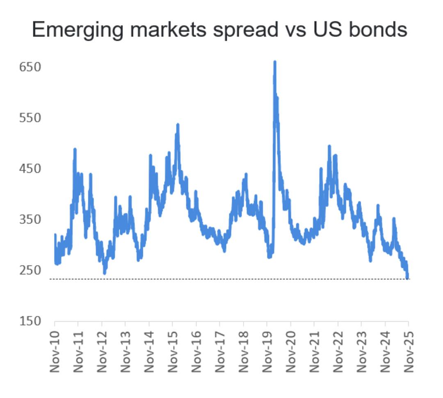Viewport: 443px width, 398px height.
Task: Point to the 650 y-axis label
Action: point(30,67)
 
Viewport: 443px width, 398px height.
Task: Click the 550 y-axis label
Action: point(30,118)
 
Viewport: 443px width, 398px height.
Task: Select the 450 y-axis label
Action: point(30,169)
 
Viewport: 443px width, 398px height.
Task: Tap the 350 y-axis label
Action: point(30,219)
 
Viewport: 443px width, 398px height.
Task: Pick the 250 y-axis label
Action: point(30,270)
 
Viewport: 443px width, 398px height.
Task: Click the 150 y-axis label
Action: point(30,321)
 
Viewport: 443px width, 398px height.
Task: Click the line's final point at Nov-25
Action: point(407,278)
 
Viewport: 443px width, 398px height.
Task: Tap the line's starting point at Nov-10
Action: point(55,235)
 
